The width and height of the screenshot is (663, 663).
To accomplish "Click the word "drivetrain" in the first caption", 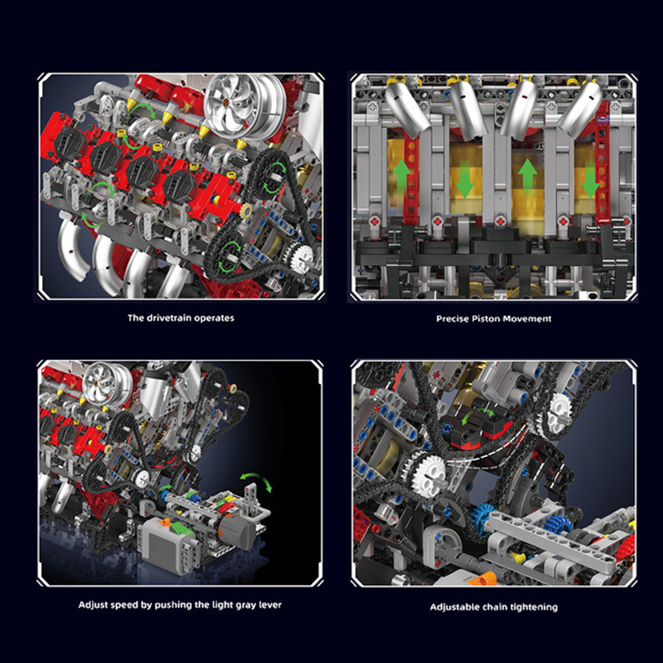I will coord(169,317).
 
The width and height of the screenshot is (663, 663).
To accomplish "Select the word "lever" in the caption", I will coord(267,605).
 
